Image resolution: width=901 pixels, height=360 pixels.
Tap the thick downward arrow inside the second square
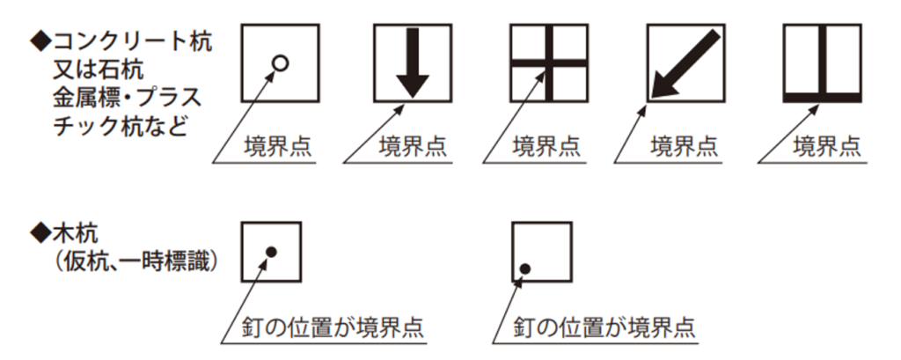pyautogui.click(x=413, y=62)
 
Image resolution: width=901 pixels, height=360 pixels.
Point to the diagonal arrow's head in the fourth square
pyautogui.click(x=663, y=87)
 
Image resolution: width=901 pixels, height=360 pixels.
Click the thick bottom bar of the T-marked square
pyautogui.click(x=823, y=98)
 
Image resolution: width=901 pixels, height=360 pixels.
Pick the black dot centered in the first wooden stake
pyautogui.click(x=272, y=252)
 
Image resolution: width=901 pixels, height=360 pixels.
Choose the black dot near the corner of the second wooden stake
pyautogui.click(x=524, y=268)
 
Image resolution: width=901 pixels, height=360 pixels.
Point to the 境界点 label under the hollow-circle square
pyautogui.click(x=278, y=147)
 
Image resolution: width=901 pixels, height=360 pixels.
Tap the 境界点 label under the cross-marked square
pyautogui.click(x=546, y=147)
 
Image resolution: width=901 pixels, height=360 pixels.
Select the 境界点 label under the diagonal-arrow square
pyautogui.click(x=685, y=147)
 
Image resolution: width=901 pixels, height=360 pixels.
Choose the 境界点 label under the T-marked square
pyautogui.click(x=827, y=147)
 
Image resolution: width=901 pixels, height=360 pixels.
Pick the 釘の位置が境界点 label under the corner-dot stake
pyautogui.click(x=604, y=327)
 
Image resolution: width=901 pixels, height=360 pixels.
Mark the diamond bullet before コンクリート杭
pyautogui.click(x=40, y=43)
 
